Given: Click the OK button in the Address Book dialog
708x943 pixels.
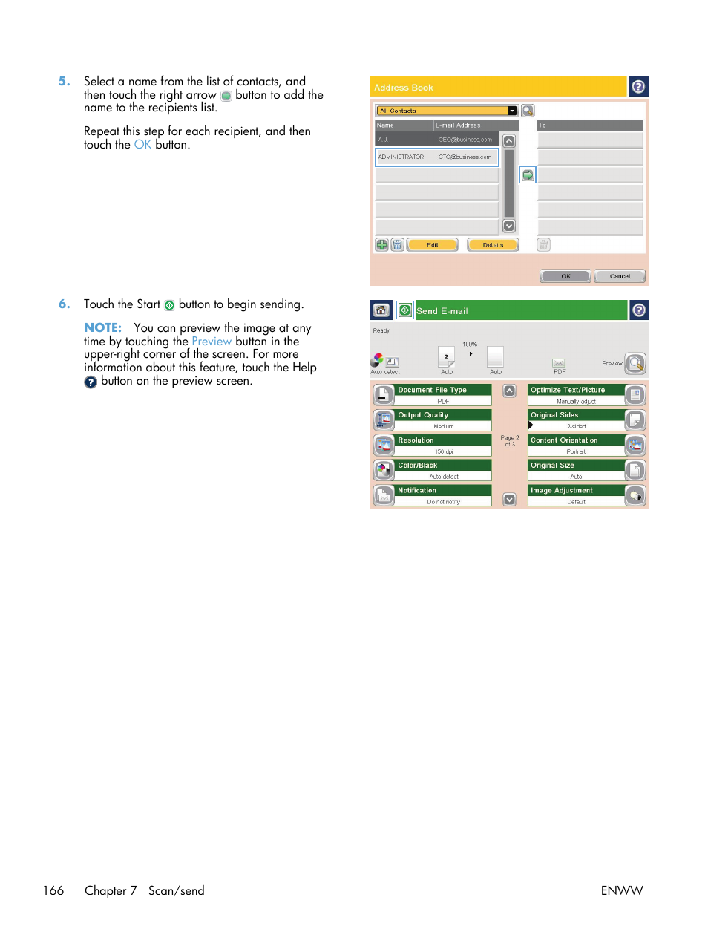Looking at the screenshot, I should click(565, 276).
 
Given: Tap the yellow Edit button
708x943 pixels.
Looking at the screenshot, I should click(433, 245).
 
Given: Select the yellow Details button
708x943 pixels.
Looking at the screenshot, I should click(493, 245).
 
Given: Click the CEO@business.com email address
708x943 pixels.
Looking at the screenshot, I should click(465, 140).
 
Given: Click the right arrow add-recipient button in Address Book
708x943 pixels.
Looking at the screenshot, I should click(528, 175).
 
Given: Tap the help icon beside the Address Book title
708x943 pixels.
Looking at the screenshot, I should click(638, 87).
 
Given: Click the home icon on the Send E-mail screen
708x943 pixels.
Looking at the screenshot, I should click(381, 310).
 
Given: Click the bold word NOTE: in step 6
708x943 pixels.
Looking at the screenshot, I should click(102, 327).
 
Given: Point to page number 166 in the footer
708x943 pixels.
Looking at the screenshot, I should click(53, 890).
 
